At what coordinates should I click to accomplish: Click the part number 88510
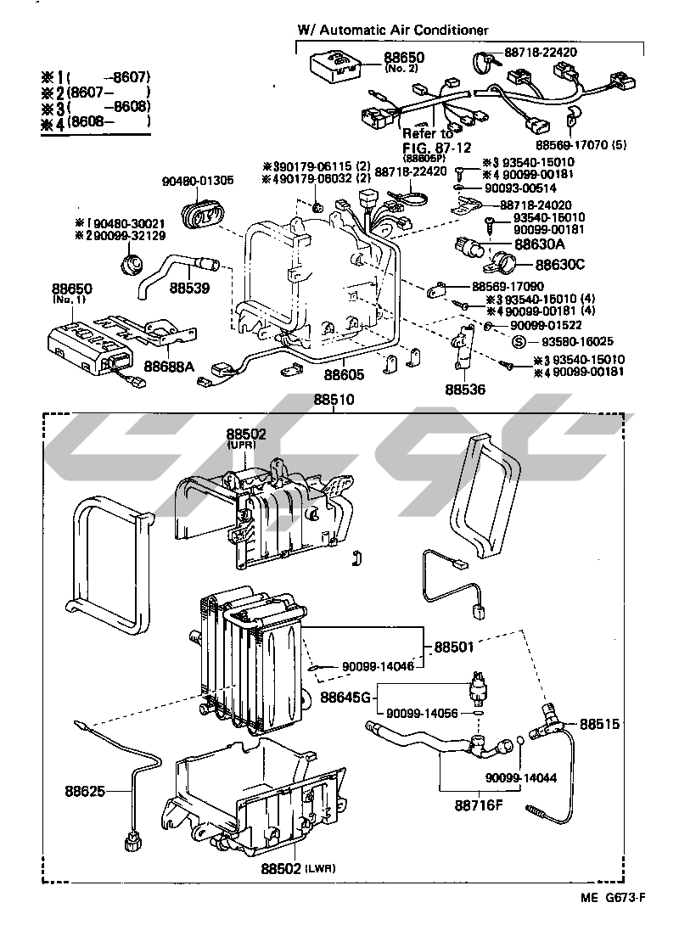tap(334, 399)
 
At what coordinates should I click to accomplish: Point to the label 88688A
tap(169, 366)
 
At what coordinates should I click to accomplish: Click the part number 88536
tap(466, 390)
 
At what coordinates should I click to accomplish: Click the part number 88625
tap(85, 792)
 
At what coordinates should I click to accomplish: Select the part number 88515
tap(600, 725)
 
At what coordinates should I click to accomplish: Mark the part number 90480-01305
tap(197, 181)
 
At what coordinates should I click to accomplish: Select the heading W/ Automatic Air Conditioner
tap(392, 30)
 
